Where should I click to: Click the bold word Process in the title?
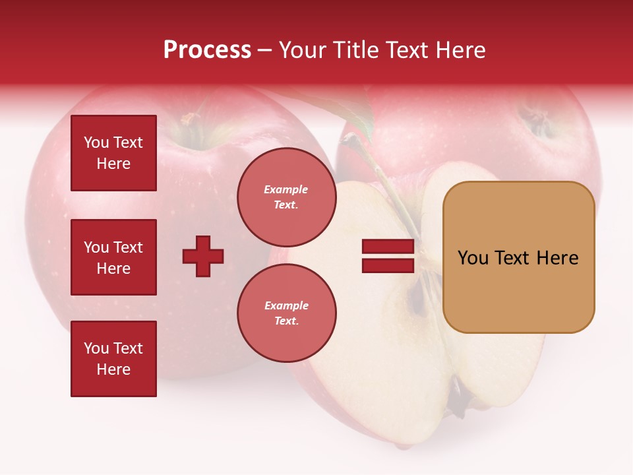207,50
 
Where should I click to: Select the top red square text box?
113,153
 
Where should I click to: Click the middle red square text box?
113,257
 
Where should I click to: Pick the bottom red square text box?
113,359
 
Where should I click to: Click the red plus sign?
203,256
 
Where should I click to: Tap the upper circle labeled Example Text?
286,197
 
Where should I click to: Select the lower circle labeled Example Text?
286,313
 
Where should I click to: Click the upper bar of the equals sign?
388,247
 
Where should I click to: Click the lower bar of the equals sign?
388,265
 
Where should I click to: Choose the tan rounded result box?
518,257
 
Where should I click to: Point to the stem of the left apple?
191,119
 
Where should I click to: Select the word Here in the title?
461,50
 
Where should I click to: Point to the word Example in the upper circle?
286,189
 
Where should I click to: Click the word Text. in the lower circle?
286,321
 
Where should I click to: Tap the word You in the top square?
96,142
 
